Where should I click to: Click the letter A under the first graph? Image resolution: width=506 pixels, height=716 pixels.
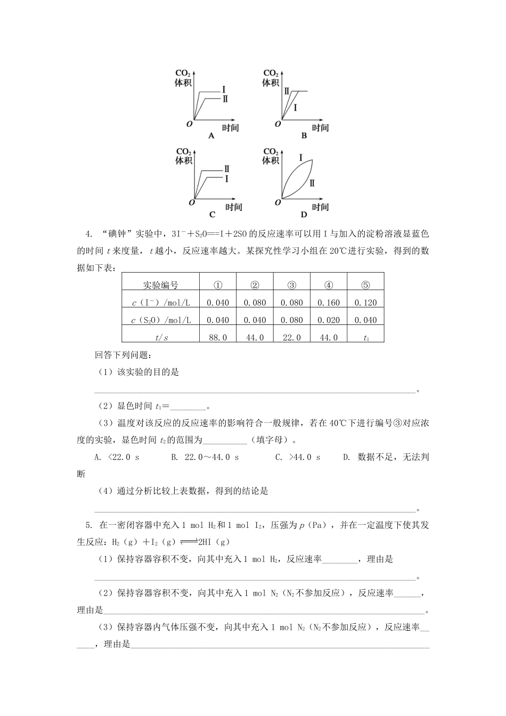pyautogui.click(x=211, y=136)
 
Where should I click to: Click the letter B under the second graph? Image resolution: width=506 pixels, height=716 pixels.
pyautogui.click(x=304, y=136)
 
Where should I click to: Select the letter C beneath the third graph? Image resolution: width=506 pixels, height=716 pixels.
pyautogui.click(x=212, y=215)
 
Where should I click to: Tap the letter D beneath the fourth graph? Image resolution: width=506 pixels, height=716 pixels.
pyautogui.click(x=304, y=215)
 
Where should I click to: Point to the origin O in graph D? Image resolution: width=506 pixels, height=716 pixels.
pyautogui.click(x=278, y=202)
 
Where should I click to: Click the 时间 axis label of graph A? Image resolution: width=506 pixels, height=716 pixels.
pyautogui.click(x=230, y=128)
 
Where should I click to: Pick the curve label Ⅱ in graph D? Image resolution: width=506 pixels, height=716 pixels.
pyautogui.click(x=312, y=183)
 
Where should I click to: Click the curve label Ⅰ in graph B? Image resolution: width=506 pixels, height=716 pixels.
pyautogui.click(x=295, y=108)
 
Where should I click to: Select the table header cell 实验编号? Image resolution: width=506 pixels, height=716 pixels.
pyautogui.click(x=160, y=285)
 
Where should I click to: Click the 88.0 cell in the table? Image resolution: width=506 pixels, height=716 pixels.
pyautogui.click(x=217, y=337)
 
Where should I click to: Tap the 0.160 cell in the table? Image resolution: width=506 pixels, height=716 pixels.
pyautogui.click(x=329, y=303)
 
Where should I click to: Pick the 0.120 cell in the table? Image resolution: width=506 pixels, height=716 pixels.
pyautogui.click(x=365, y=303)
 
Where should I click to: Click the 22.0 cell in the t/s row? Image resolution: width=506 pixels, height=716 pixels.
pyautogui.click(x=291, y=337)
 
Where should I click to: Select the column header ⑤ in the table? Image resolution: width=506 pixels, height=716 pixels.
pyautogui.click(x=365, y=285)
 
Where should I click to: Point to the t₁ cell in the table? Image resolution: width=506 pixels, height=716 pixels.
pyautogui.click(x=365, y=337)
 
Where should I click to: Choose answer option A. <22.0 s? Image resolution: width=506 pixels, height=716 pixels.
pyautogui.click(x=116, y=457)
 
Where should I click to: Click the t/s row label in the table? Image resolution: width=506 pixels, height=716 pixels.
pyautogui.click(x=160, y=337)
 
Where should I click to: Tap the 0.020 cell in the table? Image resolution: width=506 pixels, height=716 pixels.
pyautogui.click(x=329, y=320)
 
